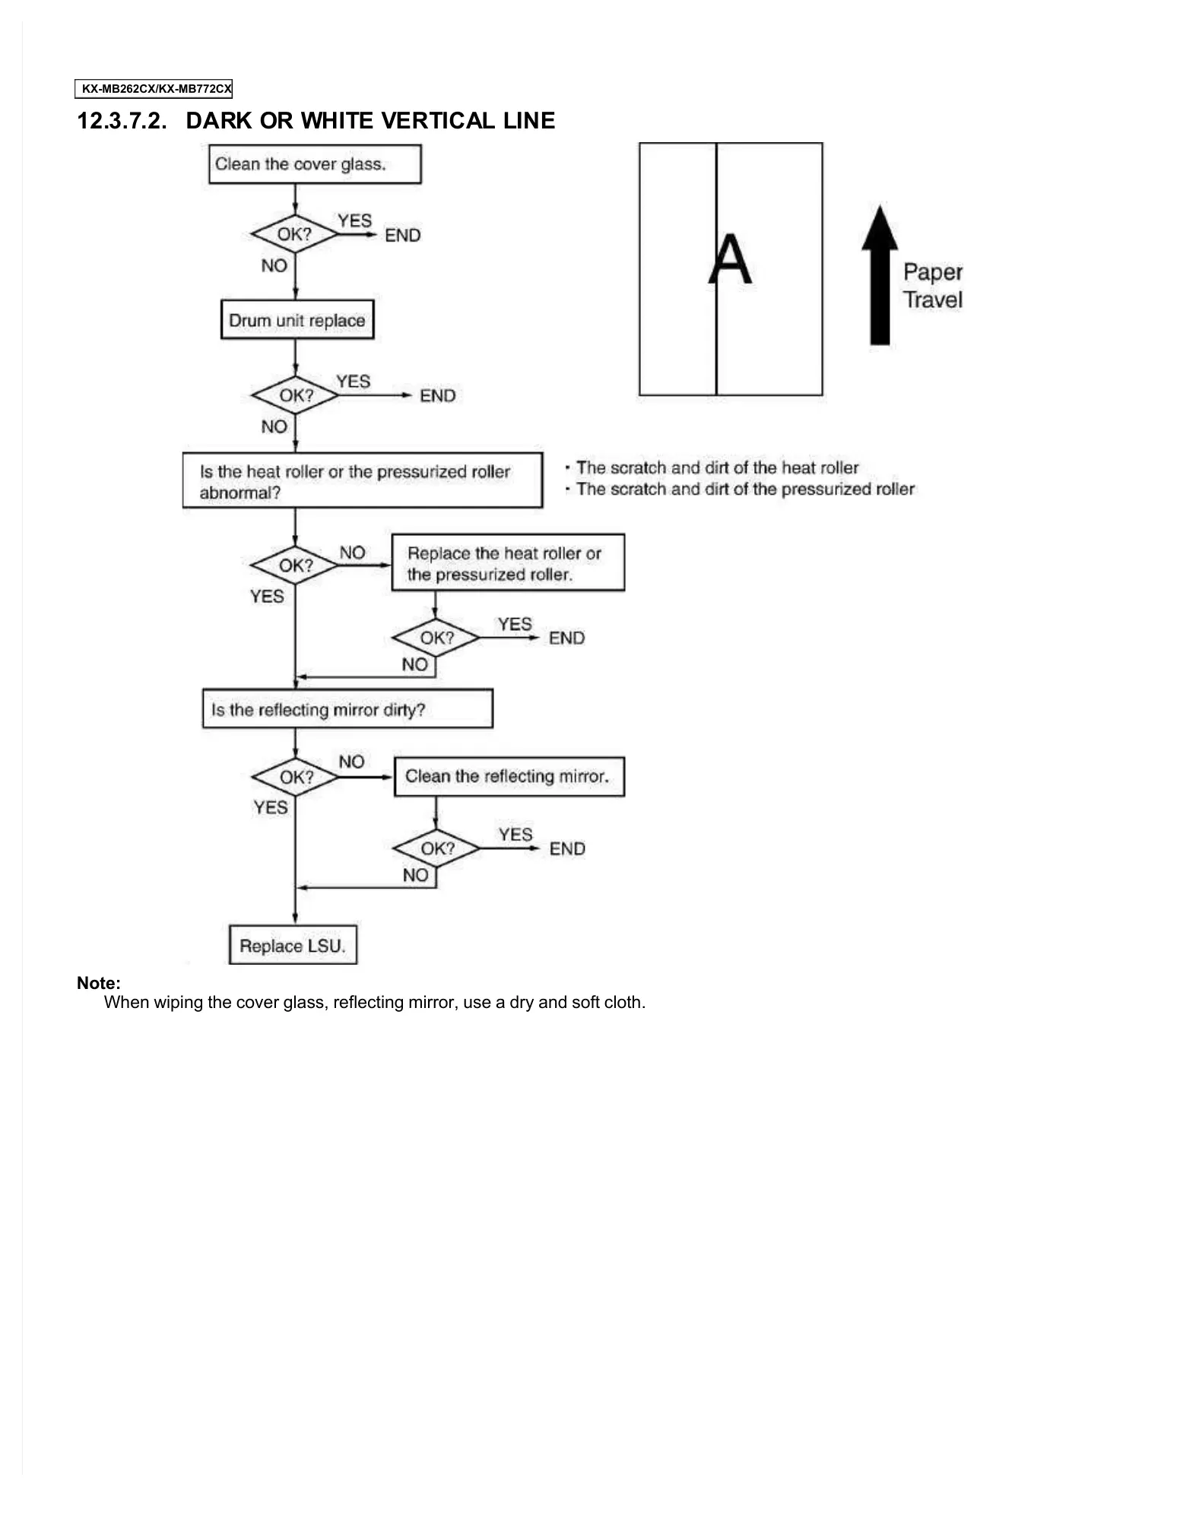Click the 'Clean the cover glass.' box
pos(315,164)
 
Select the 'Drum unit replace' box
pos(297,320)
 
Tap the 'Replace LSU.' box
pos(293,945)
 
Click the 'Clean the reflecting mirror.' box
pos(509,776)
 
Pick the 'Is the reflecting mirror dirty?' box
pos(347,709)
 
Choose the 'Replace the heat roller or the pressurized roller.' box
pos(507,563)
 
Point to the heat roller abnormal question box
pos(362,481)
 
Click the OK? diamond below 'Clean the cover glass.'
pos(294,234)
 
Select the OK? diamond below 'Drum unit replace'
pos(296,395)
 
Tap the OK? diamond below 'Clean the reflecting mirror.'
pos(437,848)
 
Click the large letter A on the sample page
pos(730,260)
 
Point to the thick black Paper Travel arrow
pos(880,275)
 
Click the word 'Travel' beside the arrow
pos(933,300)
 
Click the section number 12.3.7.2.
pos(122,121)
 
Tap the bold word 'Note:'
pos(99,983)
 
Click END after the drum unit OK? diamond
pos(438,395)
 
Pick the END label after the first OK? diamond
pos(402,235)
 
